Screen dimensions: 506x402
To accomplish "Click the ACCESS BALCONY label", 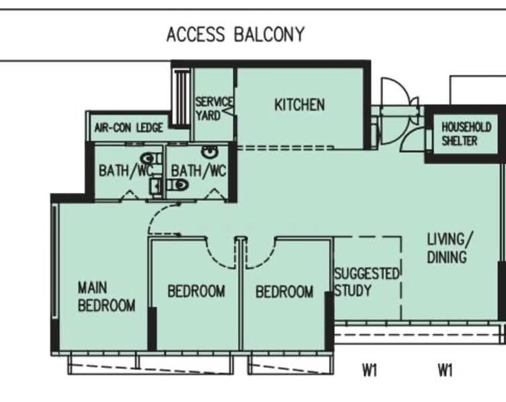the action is click(236, 34).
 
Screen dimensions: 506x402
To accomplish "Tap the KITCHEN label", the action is click(299, 105).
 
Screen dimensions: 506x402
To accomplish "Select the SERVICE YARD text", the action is click(213, 109).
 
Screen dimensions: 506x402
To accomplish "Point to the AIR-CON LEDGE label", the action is click(128, 128).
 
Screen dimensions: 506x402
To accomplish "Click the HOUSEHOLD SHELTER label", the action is click(466, 134).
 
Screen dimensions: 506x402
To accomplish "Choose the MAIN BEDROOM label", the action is click(107, 296).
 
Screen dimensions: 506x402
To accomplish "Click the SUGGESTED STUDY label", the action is click(366, 282).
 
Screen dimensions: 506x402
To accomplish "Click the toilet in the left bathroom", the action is click(151, 159).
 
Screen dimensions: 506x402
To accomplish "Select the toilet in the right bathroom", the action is click(177, 185).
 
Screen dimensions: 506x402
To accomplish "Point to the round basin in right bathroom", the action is click(209, 151).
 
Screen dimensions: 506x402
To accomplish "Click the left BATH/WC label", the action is click(125, 170).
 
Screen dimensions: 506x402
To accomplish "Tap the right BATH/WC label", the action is click(198, 170).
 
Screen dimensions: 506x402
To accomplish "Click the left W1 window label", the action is click(370, 370).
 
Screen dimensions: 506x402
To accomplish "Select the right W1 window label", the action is click(445, 370).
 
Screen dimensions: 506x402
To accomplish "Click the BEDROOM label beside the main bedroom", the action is click(196, 291).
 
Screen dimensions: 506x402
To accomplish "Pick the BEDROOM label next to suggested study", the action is click(285, 292).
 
